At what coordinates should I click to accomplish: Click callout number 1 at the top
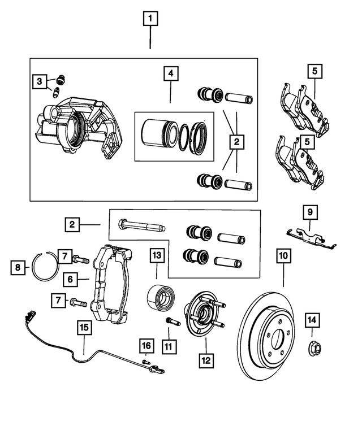pos(150,20)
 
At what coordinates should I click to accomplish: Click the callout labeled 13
pos(157,256)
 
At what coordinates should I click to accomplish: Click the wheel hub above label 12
pos(203,314)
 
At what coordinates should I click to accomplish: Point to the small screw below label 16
pos(146,362)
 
